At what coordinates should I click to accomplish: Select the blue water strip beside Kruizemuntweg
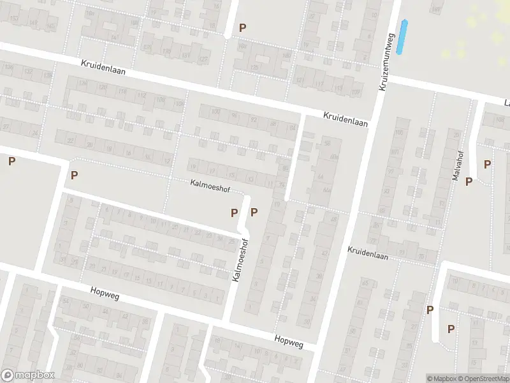pyautogui.click(x=402, y=37)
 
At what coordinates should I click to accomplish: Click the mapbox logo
pyautogui.click(x=28, y=375)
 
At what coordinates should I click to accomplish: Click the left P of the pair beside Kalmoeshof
pyautogui.click(x=234, y=212)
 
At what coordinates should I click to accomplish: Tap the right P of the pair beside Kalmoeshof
pyautogui.click(x=254, y=212)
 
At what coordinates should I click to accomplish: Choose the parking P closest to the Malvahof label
pyautogui.click(x=469, y=182)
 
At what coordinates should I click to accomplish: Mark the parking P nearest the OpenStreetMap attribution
pyautogui.click(x=451, y=329)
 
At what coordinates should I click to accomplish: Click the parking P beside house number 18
pyautogui.click(x=75, y=175)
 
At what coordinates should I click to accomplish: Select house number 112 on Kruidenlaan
pyautogui.click(x=142, y=96)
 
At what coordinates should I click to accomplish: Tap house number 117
pyautogui.click(x=319, y=84)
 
